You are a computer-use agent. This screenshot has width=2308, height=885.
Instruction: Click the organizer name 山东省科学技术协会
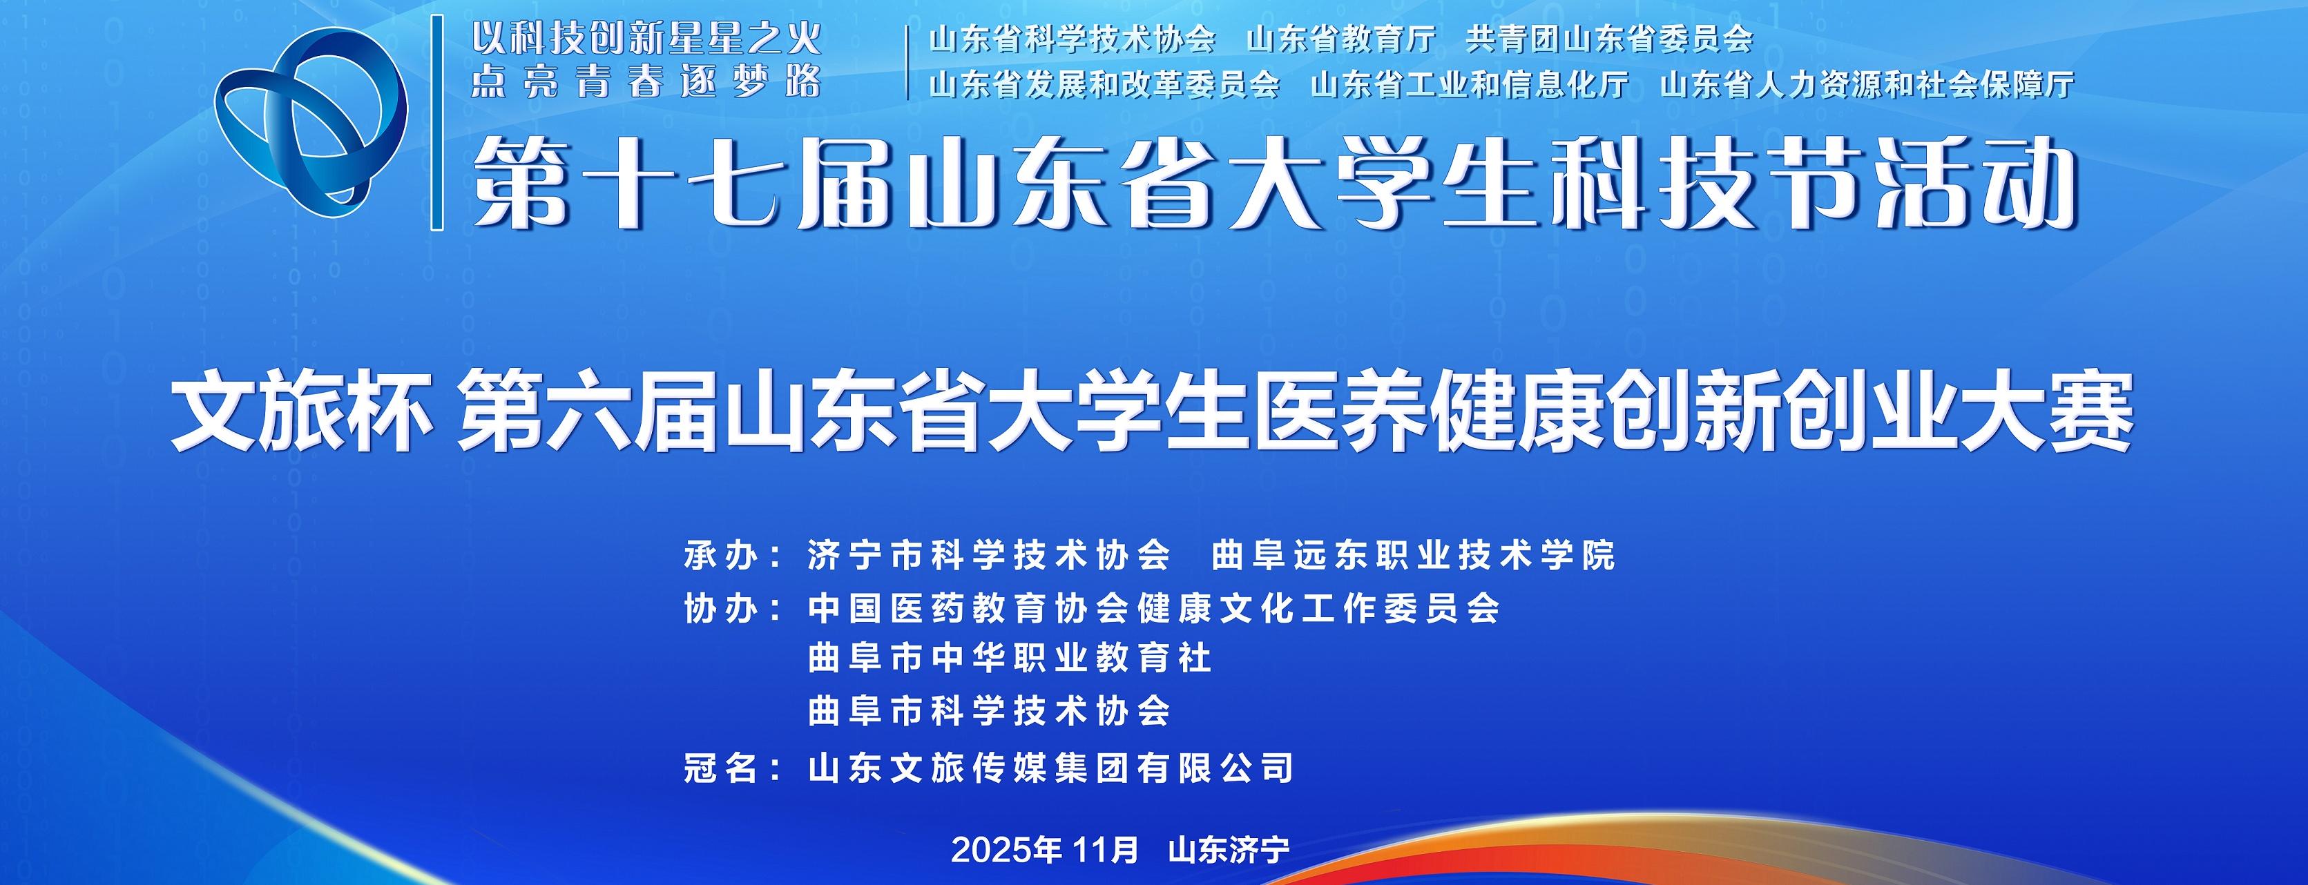(1073, 39)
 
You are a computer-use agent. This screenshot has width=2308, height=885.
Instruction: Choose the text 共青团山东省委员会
(1609, 39)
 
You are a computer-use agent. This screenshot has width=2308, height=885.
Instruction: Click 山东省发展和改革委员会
(1105, 85)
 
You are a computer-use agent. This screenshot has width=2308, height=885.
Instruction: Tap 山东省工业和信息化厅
(1470, 85)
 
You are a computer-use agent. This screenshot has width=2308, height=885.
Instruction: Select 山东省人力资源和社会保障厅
(1867, 85)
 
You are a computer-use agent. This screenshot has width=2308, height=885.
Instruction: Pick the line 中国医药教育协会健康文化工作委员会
(1154, 609)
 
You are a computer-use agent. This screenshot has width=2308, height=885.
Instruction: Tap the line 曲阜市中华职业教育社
(1010, 659)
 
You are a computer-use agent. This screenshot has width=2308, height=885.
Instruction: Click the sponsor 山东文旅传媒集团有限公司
(1051, 768)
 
